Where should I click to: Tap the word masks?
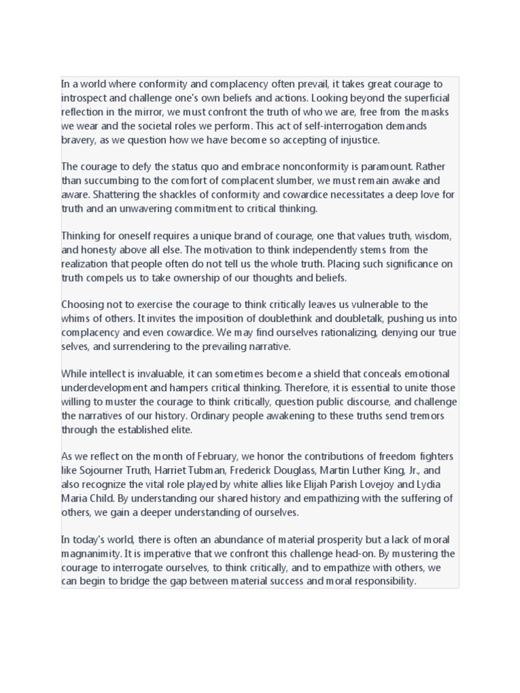coord(432,112)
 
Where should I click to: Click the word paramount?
coord(387,166)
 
